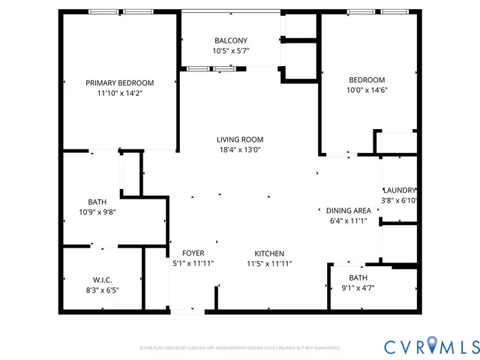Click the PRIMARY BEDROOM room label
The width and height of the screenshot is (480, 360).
(119, 82)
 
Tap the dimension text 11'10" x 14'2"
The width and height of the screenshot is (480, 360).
(119, 94)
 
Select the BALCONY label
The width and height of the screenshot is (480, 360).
(230, 40)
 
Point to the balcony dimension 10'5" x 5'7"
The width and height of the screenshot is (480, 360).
(230, 51)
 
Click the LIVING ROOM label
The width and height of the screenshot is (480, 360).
(240, 139)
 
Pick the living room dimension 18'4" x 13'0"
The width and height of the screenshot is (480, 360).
(240, 150)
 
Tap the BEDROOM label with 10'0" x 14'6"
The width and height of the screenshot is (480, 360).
(367, 80)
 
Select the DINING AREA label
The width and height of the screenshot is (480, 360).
(349, 210)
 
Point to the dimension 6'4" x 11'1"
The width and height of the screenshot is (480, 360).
(349, 221)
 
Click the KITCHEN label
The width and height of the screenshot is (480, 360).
(269, 253)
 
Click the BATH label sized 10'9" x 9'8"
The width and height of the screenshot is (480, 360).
(97, 202)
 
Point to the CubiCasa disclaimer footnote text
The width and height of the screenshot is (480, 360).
(240, 348)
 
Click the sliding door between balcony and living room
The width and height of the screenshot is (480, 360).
(213, 69)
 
